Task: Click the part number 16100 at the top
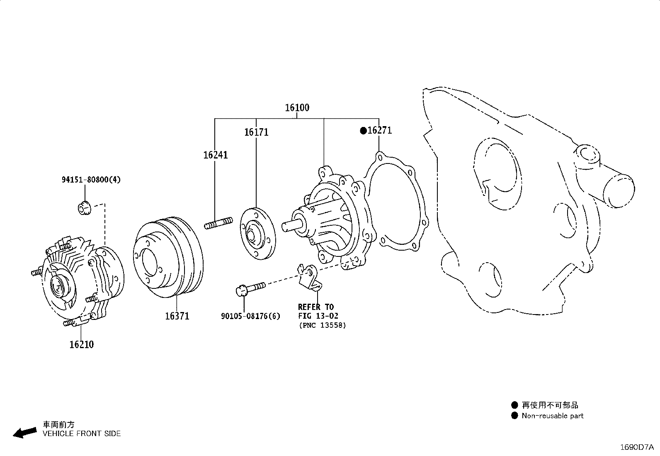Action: tap(297, 108)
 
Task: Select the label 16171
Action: tap(256, 132)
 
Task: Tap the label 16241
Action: tap(216, 155)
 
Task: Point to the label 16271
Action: tap(379, 130)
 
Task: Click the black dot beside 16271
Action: tap(363, 131)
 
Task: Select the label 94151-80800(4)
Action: tap(91, 180)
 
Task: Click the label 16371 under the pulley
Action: tap(177, 316)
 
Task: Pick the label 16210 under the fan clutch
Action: tap(81, 344)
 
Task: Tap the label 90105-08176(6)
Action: tap(250, 316)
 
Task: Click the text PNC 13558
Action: tap(323, 325)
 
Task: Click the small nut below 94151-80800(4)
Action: tap(84, 207)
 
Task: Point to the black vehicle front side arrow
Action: tap(24, 432)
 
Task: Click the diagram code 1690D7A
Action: tap(637, 447)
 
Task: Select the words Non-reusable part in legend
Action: tap(552, 416)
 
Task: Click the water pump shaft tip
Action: tap(285, 226)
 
